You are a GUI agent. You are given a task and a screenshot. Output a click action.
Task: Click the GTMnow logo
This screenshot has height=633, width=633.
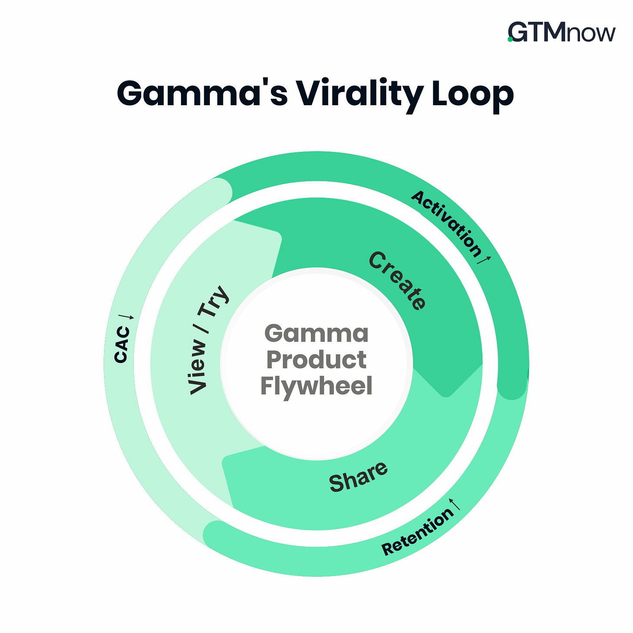click(562, 33)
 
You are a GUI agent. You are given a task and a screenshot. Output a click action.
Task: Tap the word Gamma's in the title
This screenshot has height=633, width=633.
click(202, 93)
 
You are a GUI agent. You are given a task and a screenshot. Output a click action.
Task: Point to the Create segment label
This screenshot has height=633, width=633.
click(397, 281)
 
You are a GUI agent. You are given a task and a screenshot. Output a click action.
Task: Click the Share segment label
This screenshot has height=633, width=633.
click(358, 476)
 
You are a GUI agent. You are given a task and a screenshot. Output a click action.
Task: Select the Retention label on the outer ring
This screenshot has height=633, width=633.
click(417, 531)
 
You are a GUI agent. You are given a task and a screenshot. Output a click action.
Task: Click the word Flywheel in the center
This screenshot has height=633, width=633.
click(316, 386)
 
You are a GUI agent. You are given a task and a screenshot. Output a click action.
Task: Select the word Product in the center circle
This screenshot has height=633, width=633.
click(316, 360)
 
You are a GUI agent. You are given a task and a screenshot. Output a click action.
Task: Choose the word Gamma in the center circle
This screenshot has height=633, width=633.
click(316, 334)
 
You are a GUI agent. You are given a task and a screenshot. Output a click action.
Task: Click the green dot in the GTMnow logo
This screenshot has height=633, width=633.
click(510, 40)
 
